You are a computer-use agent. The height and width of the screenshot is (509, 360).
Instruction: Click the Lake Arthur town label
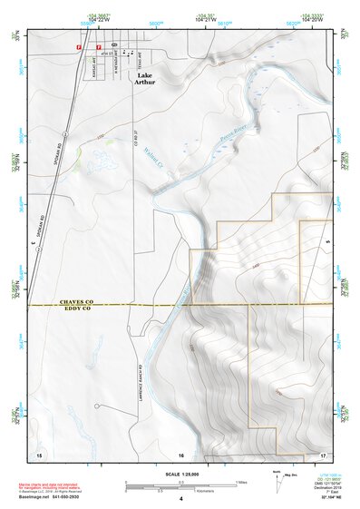coord(145,79)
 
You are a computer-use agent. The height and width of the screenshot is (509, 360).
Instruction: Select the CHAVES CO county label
coord(77,300)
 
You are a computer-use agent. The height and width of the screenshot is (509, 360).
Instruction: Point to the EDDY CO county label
coord(77,308)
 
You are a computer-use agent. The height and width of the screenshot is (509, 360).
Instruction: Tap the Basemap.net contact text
coord(56,497)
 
